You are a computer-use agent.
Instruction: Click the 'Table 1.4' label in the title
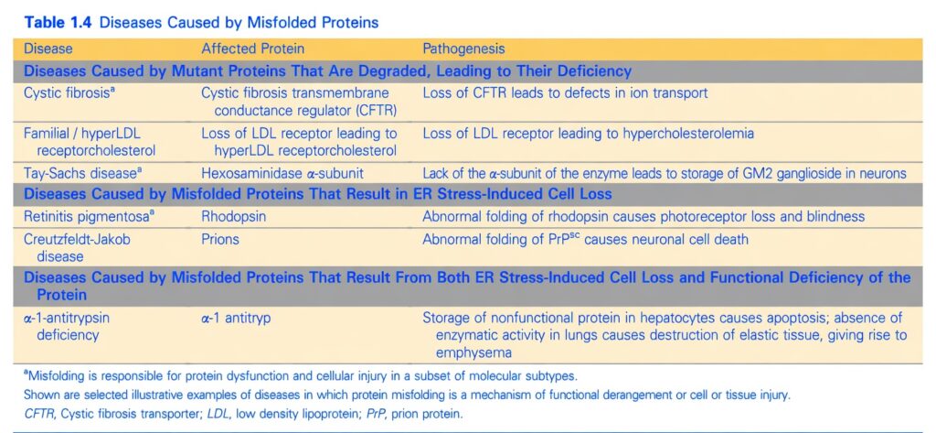tap(58, 23)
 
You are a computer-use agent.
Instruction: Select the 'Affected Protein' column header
tap(252, 49)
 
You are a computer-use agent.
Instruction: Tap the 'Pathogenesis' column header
tap(463, 49)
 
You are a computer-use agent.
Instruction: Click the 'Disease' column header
tap(48, 49)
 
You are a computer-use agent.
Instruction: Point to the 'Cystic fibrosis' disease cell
tap(67, 93)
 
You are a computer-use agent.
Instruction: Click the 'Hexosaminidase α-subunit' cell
tap(282, 174)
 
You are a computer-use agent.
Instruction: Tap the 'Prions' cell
tap(220, 239)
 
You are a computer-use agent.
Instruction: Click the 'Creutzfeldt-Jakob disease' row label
tap(77, 247)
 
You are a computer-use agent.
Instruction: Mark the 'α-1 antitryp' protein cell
tap(236, 319)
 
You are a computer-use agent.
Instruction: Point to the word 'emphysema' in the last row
tap(473, 352)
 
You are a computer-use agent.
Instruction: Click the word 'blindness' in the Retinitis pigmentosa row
tap(835, 216)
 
